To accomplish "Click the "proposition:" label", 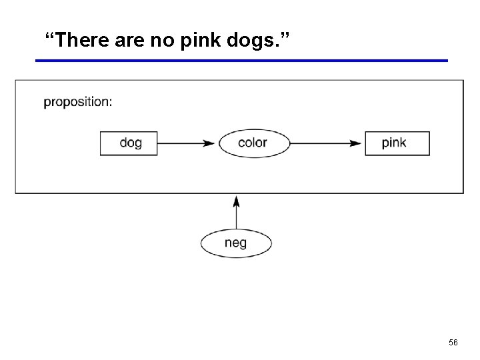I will coord(78,102).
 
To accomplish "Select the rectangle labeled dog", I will coord(129,143).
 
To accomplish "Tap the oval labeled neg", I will coord(236,243).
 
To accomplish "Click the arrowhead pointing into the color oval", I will coord(210,143).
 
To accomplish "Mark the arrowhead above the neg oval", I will coord(236,200).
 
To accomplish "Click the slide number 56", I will coord(453,342).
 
